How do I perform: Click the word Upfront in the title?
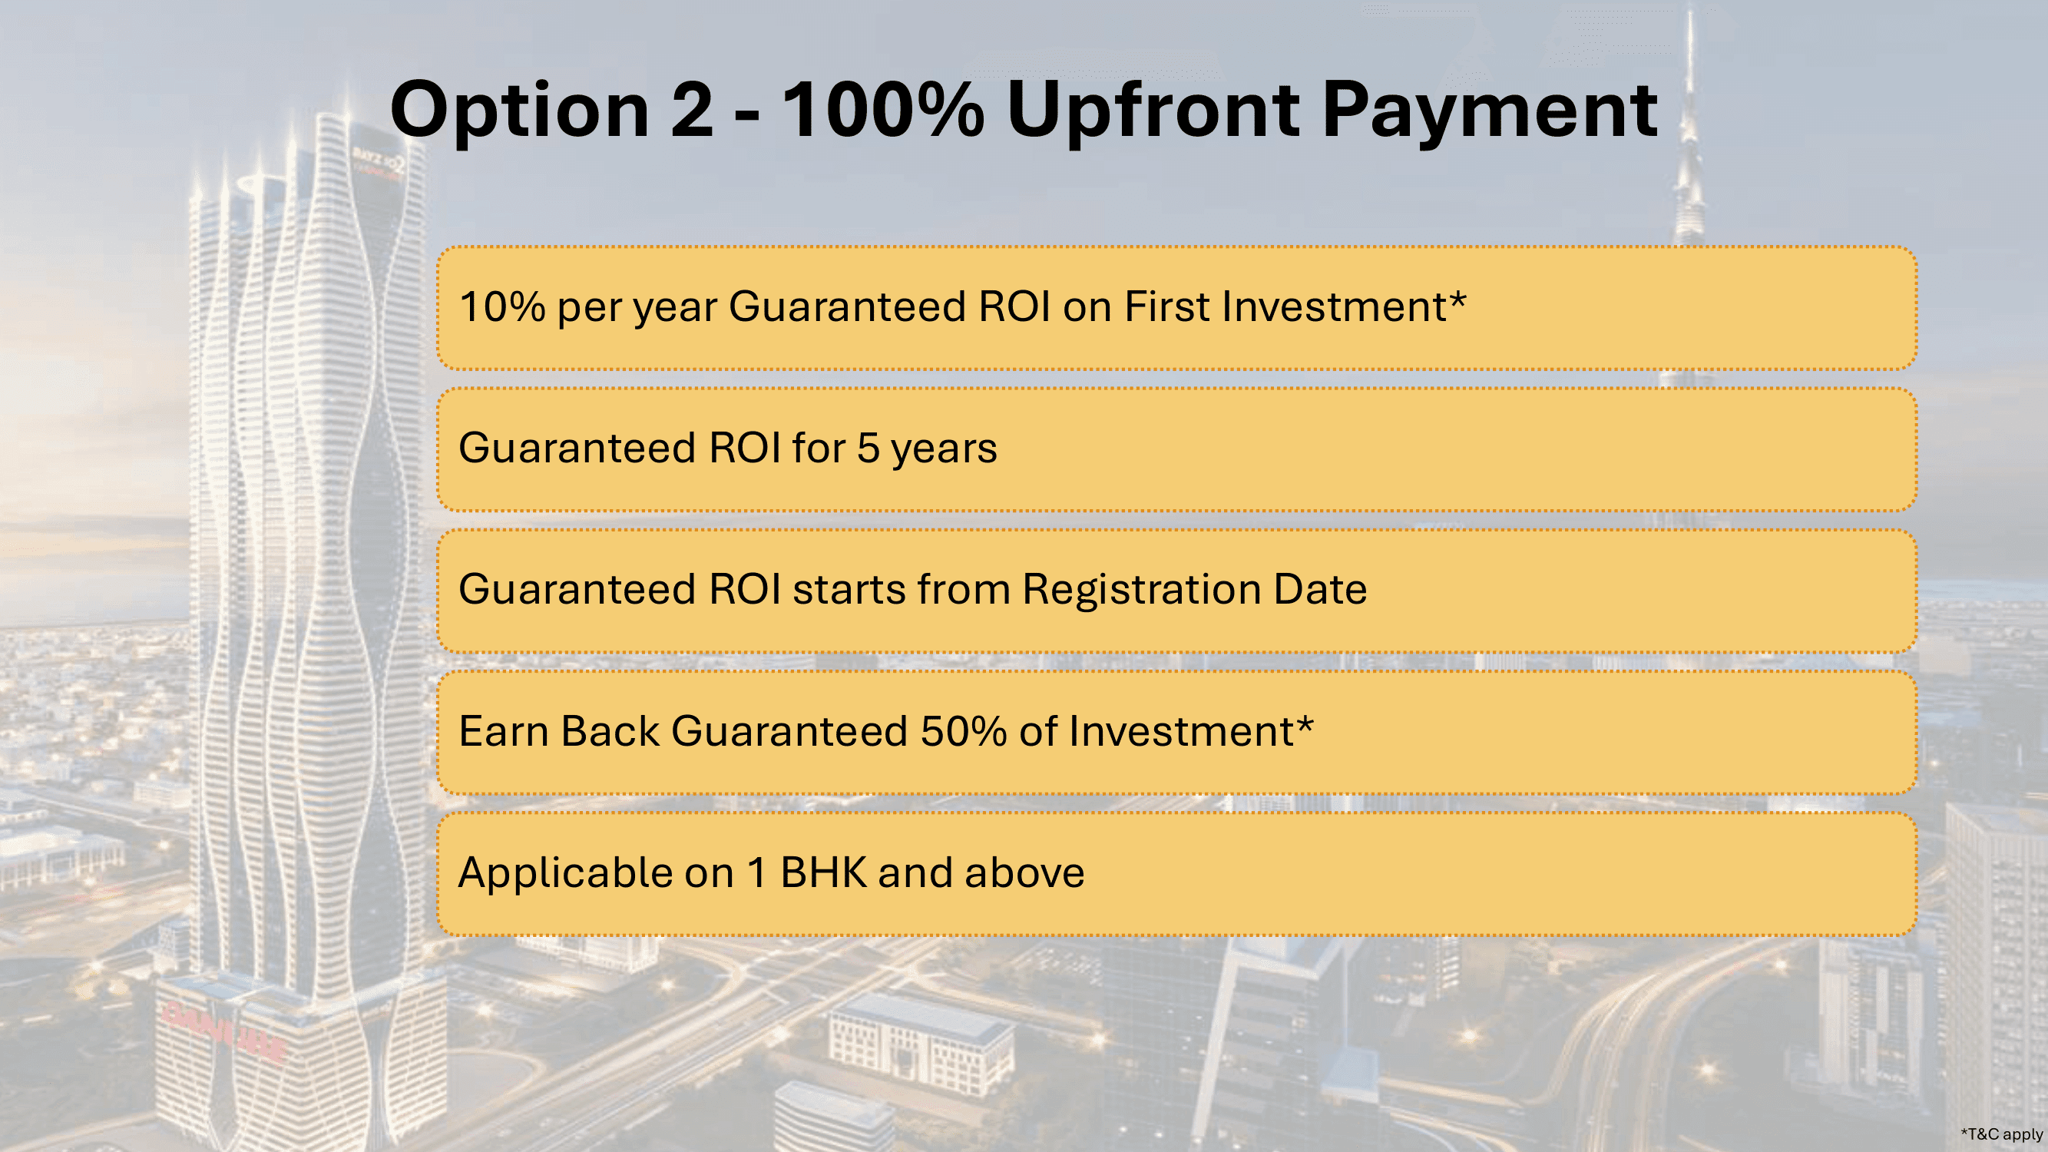pyautogui.click(x=1152, y=112)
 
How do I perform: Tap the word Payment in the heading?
pyautogui.click(x=1490, y=111)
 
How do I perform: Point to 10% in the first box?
pyautogui.click(x=501, y=307)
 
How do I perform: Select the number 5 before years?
pyautogui.click(x=868, y=449)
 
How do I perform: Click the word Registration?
pyautogui.click(x=1141, y=591)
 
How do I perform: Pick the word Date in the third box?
pyautogui.click(x=1320, y=590)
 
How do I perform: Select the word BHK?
pyautogui.click(x=823, y=873)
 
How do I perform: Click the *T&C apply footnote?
pyautogui.click(x=2001, y=1134)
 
